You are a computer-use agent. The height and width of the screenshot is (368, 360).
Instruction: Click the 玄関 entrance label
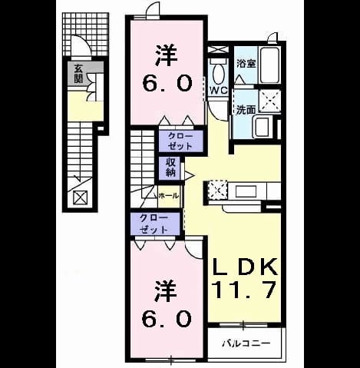coord(78,74)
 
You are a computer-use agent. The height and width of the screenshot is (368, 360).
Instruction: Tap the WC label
coord(218,90)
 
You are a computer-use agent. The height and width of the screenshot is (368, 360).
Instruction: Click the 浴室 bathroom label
coord(246,64)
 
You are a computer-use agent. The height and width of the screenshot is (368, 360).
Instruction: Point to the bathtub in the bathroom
coord(269,65)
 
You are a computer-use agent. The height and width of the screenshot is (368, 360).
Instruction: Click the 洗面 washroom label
coord(246,110)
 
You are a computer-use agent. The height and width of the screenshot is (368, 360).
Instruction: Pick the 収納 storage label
coord(170,167)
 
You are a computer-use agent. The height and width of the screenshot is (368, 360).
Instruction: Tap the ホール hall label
coord(168,196)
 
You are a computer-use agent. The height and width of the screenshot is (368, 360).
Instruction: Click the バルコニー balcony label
coord(246,343)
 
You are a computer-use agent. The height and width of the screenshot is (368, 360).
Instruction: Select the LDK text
coord(246,267)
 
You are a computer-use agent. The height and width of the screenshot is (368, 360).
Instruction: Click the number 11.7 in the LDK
coord(245,290)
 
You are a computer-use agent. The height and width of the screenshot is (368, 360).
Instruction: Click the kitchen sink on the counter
coord(246,191)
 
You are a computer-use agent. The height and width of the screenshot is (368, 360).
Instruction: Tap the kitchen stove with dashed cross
coord(218,190)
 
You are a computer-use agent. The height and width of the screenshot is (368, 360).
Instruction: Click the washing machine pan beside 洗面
coord(269,101)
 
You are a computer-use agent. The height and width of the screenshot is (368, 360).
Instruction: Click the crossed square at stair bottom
coord(81,197)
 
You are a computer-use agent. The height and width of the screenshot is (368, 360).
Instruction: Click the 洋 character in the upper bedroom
coord(166,55)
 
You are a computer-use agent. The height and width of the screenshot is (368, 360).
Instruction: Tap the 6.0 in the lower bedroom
coord(167,319)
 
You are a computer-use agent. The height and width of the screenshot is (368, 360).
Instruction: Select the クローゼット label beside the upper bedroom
coord(180,141)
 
